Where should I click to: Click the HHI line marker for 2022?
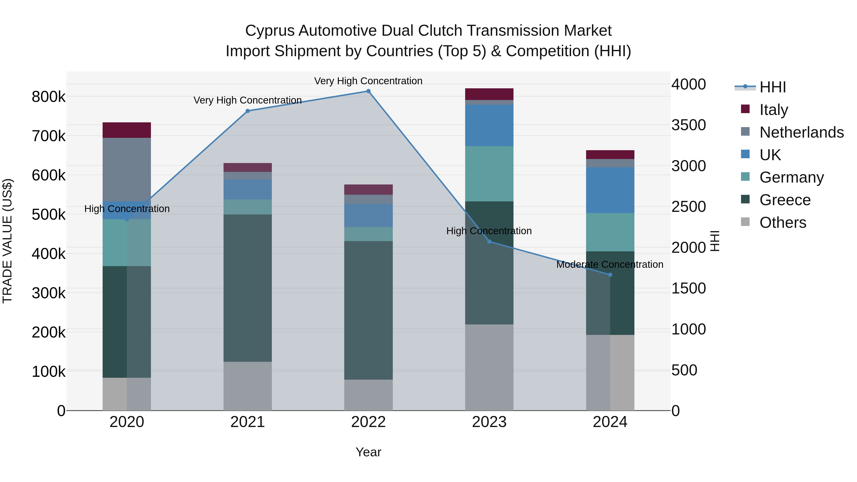click(368, 91)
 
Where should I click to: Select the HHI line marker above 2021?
click(248, 111)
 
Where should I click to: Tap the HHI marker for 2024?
click(610, 275)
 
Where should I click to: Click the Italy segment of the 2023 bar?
click(489, 94)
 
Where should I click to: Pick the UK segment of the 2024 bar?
click(610, 190)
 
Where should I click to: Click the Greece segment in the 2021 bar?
click(248, 288)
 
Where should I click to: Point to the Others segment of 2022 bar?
click(368, 395)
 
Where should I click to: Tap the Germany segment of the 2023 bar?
click(489, 174)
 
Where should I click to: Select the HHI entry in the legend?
click(772, 87)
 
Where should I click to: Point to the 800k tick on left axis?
click(49, 97)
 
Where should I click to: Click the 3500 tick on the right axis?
click(688, 125)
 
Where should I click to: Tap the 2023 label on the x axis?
click(489, 422)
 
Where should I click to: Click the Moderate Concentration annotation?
click(609, 265)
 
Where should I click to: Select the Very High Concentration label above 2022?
click(368, 81)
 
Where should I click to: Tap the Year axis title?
click(368, 452)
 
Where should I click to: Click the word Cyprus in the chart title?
click(269, 31)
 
